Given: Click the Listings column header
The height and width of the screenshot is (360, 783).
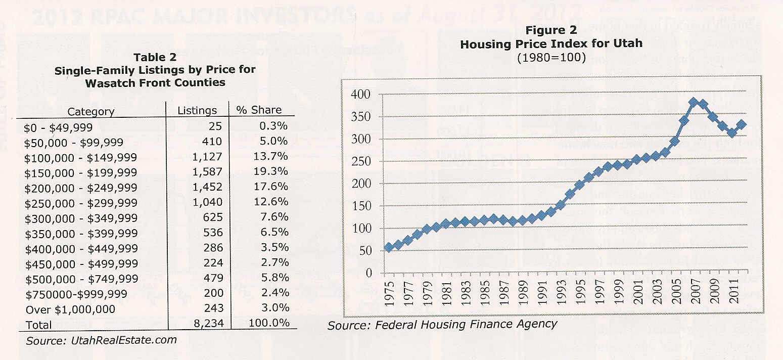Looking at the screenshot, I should pos(197,111).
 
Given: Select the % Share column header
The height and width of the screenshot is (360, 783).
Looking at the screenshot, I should pos(259,110).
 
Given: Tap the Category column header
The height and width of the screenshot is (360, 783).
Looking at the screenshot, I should pos(91,112).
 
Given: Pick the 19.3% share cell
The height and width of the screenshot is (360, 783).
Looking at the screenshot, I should pos(271,171).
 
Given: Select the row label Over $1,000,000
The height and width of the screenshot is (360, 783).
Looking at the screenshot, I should pos(70,309).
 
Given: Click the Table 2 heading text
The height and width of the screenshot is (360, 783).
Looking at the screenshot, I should pos(155,57).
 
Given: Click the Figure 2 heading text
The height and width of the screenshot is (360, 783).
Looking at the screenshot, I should pos(551,30).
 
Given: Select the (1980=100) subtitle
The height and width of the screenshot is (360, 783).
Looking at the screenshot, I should pos(551,58).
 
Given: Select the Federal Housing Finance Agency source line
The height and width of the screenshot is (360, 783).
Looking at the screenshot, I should pos(442,325).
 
